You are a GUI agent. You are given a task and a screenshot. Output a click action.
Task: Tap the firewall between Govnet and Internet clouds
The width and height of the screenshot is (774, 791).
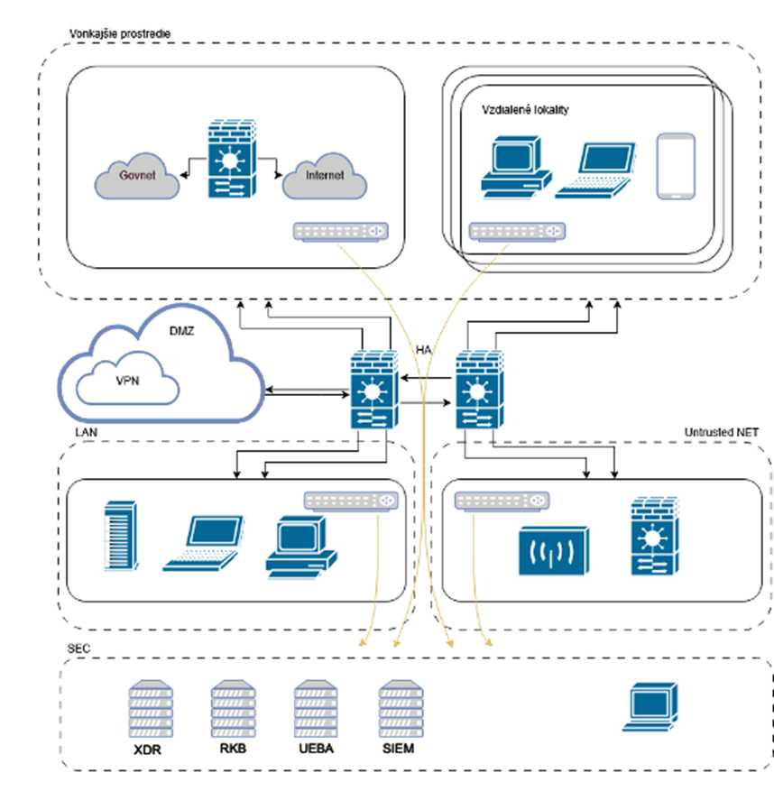232,159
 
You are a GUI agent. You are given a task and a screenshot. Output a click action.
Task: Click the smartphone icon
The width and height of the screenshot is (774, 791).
676,165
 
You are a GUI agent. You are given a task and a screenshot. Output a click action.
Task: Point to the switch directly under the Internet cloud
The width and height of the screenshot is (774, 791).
341,232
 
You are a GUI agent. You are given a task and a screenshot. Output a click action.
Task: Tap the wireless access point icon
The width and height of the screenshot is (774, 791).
554,550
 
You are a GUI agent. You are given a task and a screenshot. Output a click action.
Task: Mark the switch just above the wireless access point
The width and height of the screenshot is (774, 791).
502,501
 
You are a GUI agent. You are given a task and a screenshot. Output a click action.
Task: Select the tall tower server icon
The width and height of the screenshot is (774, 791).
120,536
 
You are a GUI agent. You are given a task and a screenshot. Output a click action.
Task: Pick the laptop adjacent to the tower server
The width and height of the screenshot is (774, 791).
204,543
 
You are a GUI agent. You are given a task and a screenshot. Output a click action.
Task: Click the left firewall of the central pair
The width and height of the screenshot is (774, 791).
374,390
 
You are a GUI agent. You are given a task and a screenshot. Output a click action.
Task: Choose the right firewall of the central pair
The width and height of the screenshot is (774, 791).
479,390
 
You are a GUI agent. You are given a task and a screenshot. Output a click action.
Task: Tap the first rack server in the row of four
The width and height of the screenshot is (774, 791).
151,709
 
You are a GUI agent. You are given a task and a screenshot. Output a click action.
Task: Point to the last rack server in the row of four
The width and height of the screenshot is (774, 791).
401,709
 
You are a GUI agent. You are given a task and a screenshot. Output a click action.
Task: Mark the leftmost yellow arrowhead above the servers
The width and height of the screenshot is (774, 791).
363,642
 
